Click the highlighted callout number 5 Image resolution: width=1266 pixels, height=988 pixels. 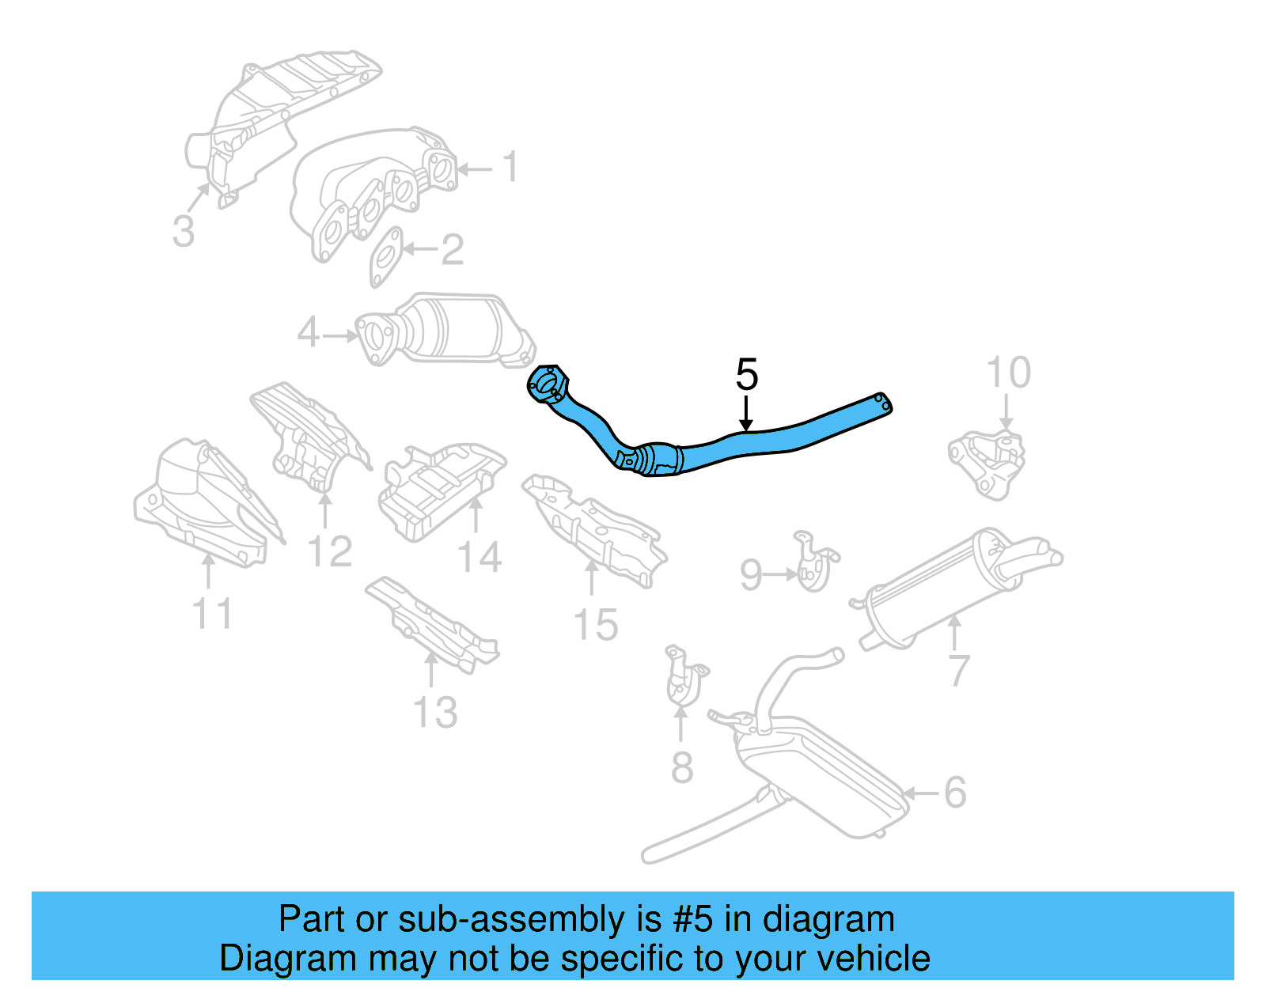tap(746, 374)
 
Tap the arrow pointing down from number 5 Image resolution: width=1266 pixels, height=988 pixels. tap(745, 415)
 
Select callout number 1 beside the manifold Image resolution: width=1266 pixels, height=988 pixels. tap(510, 167)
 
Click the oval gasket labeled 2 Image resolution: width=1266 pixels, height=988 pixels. tap(385, 256)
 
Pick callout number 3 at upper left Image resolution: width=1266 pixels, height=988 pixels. tap(183, 231)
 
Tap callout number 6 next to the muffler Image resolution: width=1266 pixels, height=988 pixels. tap(955, 792)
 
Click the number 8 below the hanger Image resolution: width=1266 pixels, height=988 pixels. tap(681, 767)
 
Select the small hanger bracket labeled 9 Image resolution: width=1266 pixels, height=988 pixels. tap(813, 563)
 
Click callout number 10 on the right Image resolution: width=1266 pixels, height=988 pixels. tap(1008, 373)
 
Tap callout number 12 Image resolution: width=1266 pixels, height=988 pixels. tap(329, 551)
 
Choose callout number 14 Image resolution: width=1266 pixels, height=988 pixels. tap(479, 558)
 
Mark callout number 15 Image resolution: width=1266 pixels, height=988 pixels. tap(595, 625)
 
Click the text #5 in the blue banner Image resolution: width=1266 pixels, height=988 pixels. tap(693, 920)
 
